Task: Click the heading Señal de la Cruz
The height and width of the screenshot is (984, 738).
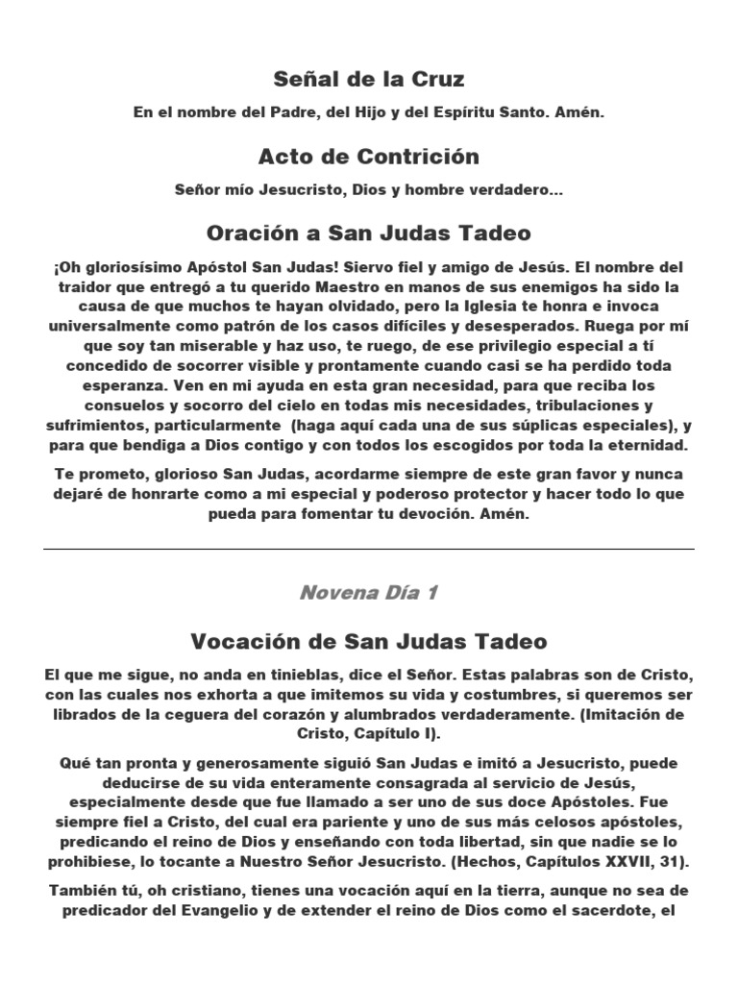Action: (369, 79)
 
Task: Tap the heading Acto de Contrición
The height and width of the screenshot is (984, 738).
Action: (369, 156)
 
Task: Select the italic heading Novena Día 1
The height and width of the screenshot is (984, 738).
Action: (369, 592)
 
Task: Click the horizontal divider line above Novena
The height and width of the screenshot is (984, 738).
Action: (369, 549)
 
